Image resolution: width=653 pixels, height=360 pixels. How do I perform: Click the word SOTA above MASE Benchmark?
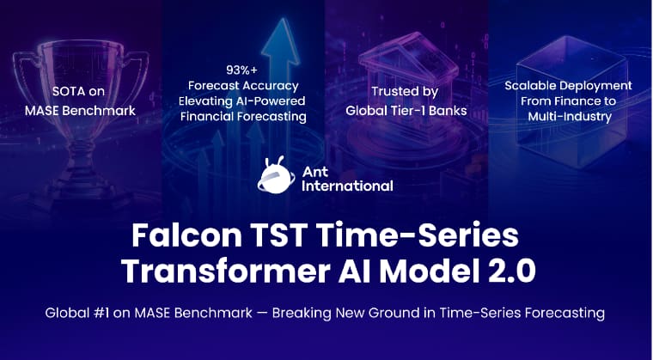65,91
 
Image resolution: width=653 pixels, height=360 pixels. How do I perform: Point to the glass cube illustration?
571,100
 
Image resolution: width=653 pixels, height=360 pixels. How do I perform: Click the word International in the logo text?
347,186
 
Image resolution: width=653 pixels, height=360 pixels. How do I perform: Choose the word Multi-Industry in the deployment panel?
570,116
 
